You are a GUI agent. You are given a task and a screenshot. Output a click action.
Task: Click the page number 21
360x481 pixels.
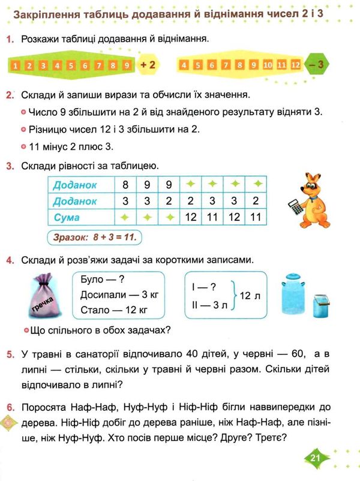click(x=317, y=459)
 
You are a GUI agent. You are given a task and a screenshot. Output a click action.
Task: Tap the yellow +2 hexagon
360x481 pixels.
click(x=148, y=64)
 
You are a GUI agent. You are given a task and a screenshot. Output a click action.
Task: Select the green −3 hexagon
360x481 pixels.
click(x=319, y=64)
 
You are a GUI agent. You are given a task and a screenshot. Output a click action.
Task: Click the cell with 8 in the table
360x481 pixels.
click(x=125, y=185)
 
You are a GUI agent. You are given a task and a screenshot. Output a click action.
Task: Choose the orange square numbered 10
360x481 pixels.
click(x=268, y=65)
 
